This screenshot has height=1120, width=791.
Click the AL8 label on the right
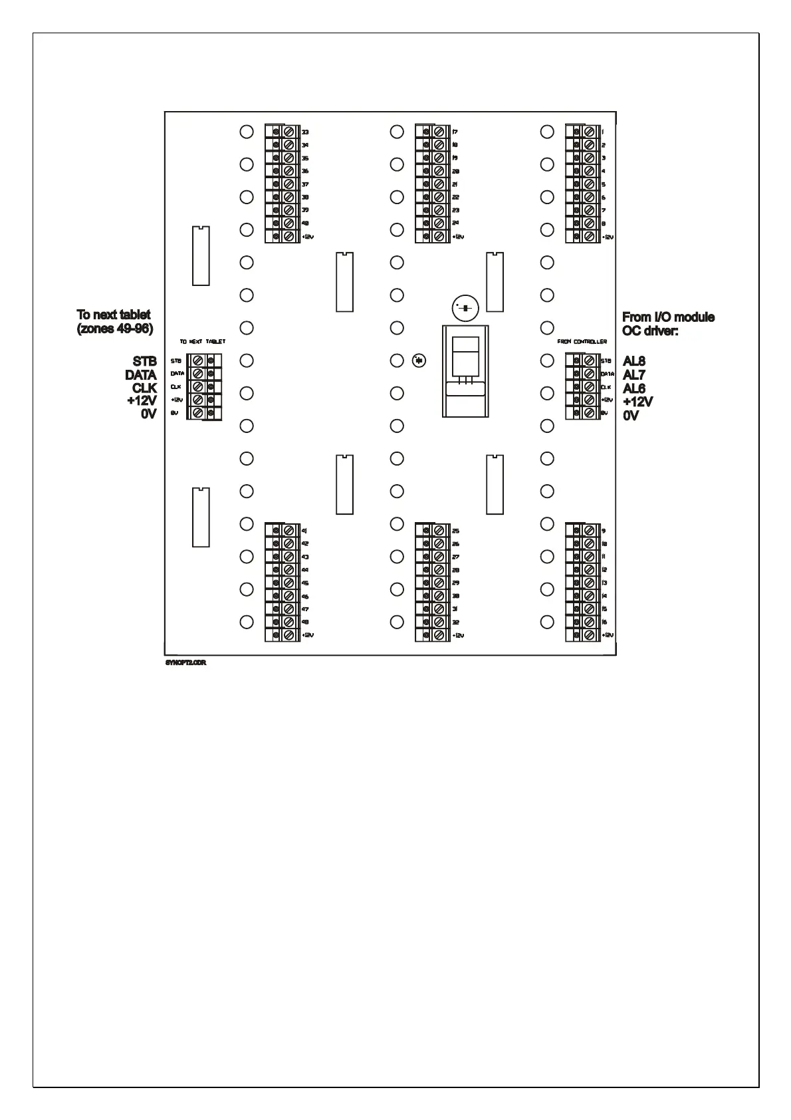[x=633, y=361]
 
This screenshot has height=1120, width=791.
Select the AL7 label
[x=633, y=375]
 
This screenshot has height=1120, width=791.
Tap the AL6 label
[x=633, y=388]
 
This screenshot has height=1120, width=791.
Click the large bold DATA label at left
[x=140, y=375]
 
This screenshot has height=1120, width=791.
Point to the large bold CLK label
[x=144, y=388]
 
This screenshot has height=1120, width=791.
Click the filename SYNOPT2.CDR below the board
[x=185, y=663]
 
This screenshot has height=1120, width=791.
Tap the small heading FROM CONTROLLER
[x=582, y=342]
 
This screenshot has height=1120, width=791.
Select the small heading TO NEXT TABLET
[x=202, y=342]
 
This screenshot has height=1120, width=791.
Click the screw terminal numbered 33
[x=289, y=132]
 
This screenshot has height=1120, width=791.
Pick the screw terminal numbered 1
[x=589, y=132]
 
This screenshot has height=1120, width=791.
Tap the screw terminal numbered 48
[x=289, y=622]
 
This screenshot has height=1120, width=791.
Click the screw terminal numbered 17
[x=439, y=132]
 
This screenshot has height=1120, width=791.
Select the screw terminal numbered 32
[x=439, y=622]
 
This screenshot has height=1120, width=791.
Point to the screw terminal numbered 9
[x=589, y=530]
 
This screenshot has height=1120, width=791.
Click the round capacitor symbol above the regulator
[x=464, y=308]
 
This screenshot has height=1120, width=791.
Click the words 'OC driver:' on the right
[x=649, y=331]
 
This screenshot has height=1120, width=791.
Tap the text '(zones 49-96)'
[x=115, y=329]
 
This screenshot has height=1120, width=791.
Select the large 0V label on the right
[x=630, y=416]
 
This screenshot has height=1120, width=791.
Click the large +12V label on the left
[x=142, y=401]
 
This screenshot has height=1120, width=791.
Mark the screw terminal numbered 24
[x=439, y=223]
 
